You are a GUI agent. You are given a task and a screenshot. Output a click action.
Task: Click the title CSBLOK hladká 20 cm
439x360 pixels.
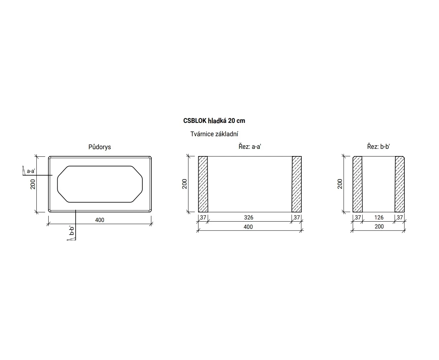214,121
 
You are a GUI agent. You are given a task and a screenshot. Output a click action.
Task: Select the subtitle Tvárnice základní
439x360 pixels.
214,134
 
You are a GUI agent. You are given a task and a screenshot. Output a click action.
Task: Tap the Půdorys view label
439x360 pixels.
99,147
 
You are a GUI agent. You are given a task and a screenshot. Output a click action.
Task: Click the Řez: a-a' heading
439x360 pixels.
249,147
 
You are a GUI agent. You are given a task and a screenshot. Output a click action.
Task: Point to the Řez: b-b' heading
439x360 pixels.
378,147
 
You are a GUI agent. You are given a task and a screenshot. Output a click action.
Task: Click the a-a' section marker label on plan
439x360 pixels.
31,171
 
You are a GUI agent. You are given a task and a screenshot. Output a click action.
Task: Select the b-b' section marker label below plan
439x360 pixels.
71,231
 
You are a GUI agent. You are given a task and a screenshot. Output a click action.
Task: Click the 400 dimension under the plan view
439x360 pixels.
99,220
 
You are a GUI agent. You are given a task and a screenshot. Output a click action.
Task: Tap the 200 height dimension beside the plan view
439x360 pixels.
33,184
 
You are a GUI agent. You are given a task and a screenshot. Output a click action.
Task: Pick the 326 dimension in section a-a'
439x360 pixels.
249,217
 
